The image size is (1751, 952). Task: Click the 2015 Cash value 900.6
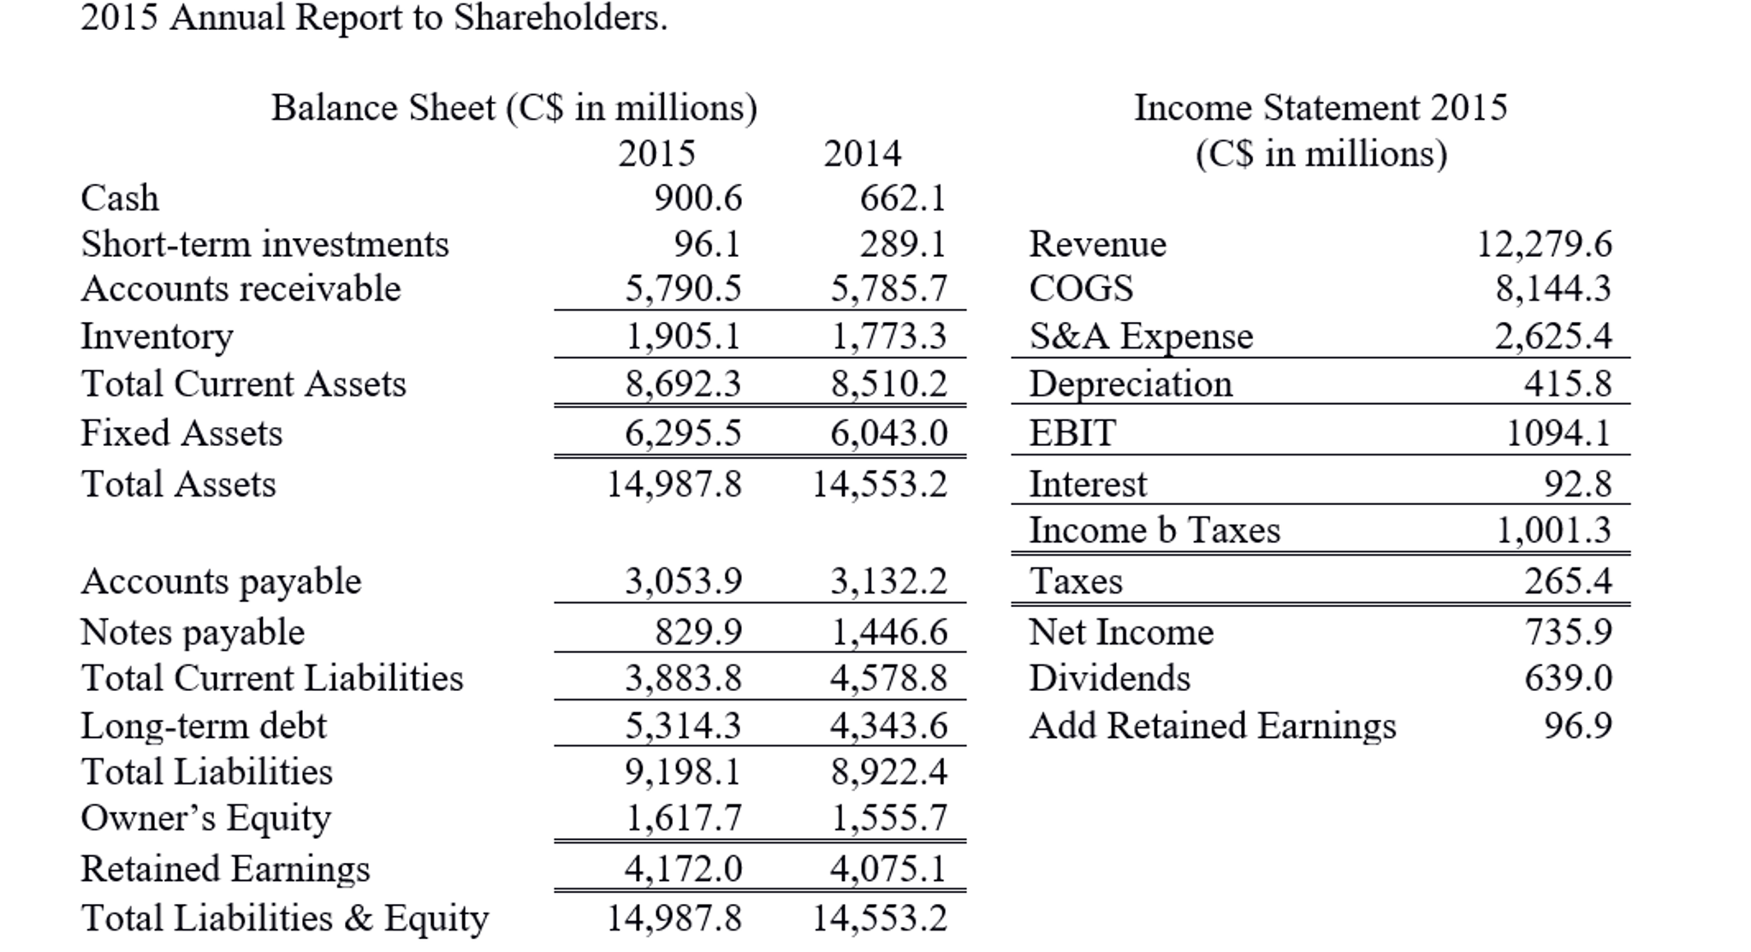click(697, 199)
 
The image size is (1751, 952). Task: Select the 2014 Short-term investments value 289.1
click(903, 244)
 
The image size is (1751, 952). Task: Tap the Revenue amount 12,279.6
click(1544, 244)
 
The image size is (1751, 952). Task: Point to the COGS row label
click(1081, 289)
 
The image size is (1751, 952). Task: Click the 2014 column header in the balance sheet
click(862, 154)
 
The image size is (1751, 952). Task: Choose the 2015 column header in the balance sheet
click(656, 154)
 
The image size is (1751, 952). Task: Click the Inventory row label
click(157, 336)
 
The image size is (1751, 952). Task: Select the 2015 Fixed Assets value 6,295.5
click(682, 433)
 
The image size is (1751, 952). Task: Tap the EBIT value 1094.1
click(1558, 433)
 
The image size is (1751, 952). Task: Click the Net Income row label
click(1121, 633)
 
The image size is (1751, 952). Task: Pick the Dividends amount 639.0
click(1568, 678)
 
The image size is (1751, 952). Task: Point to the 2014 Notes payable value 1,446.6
click(889, 633)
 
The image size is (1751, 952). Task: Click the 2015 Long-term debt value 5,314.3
click(682, 726)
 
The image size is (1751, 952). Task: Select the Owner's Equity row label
click(205, 818)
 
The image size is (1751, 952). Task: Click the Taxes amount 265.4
click(1567, 581)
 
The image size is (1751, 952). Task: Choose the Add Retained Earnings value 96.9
click(1577, 726)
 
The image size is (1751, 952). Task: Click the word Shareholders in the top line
click(560, 17)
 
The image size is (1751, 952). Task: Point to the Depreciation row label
click(1130, 384)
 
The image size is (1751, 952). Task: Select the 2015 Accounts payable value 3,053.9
click(682, 581)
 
